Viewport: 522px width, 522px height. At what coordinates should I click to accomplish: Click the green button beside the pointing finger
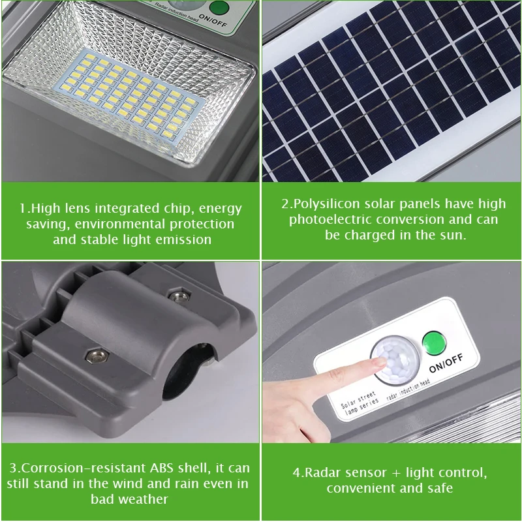point(434,344)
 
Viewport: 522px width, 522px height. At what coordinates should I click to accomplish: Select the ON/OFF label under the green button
point(446,363)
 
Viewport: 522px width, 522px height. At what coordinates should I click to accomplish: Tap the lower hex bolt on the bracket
point(97,357)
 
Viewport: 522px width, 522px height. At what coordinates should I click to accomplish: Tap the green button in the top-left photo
point(219,7)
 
